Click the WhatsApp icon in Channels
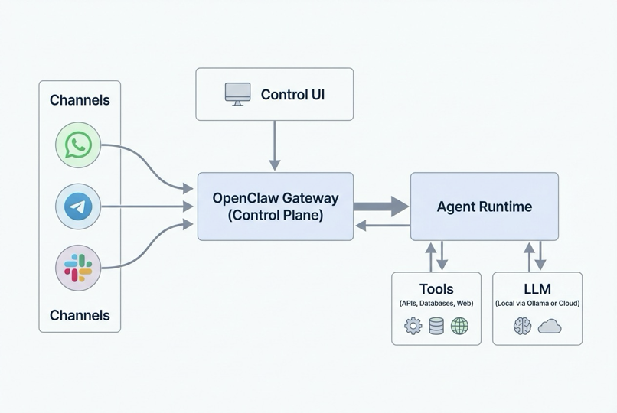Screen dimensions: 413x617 coord(78,145)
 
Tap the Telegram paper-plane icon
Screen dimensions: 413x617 coord(78,206)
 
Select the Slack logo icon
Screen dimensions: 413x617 coord(78,268)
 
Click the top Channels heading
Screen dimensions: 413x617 coord(80,100)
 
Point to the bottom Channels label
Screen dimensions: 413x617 coord(80,315)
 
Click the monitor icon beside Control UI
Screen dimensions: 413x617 coord(237,94)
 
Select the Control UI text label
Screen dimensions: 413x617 coord(292,95)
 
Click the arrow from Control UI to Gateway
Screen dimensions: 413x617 coord(275,146)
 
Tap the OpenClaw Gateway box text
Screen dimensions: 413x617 coord(276,206)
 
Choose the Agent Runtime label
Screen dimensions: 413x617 coord(484,206)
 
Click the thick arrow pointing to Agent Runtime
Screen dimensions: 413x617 coord(381,206)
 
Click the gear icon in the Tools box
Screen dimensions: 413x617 coord(413,327)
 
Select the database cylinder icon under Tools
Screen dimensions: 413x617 coord(436,327)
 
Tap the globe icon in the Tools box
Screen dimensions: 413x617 coord(459,327)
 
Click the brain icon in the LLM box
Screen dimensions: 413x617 coord(523,327)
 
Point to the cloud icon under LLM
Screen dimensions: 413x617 coord(550,327)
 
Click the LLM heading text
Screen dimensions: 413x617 coord(537,289)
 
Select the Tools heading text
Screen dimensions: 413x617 coord(436,289)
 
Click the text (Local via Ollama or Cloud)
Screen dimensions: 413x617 coord(537,304)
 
